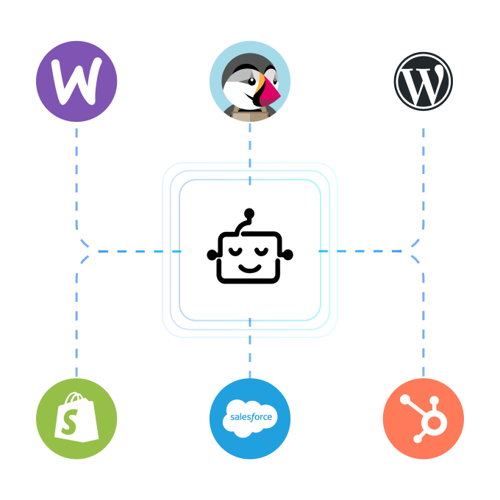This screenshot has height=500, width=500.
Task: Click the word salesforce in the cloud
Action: click(251, 417)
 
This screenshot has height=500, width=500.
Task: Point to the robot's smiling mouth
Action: click(250, 267)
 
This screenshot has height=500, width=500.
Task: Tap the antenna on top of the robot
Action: click(249, 214)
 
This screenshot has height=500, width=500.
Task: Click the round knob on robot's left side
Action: click(213, 255)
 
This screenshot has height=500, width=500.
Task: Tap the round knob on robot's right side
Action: click(287, 255)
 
